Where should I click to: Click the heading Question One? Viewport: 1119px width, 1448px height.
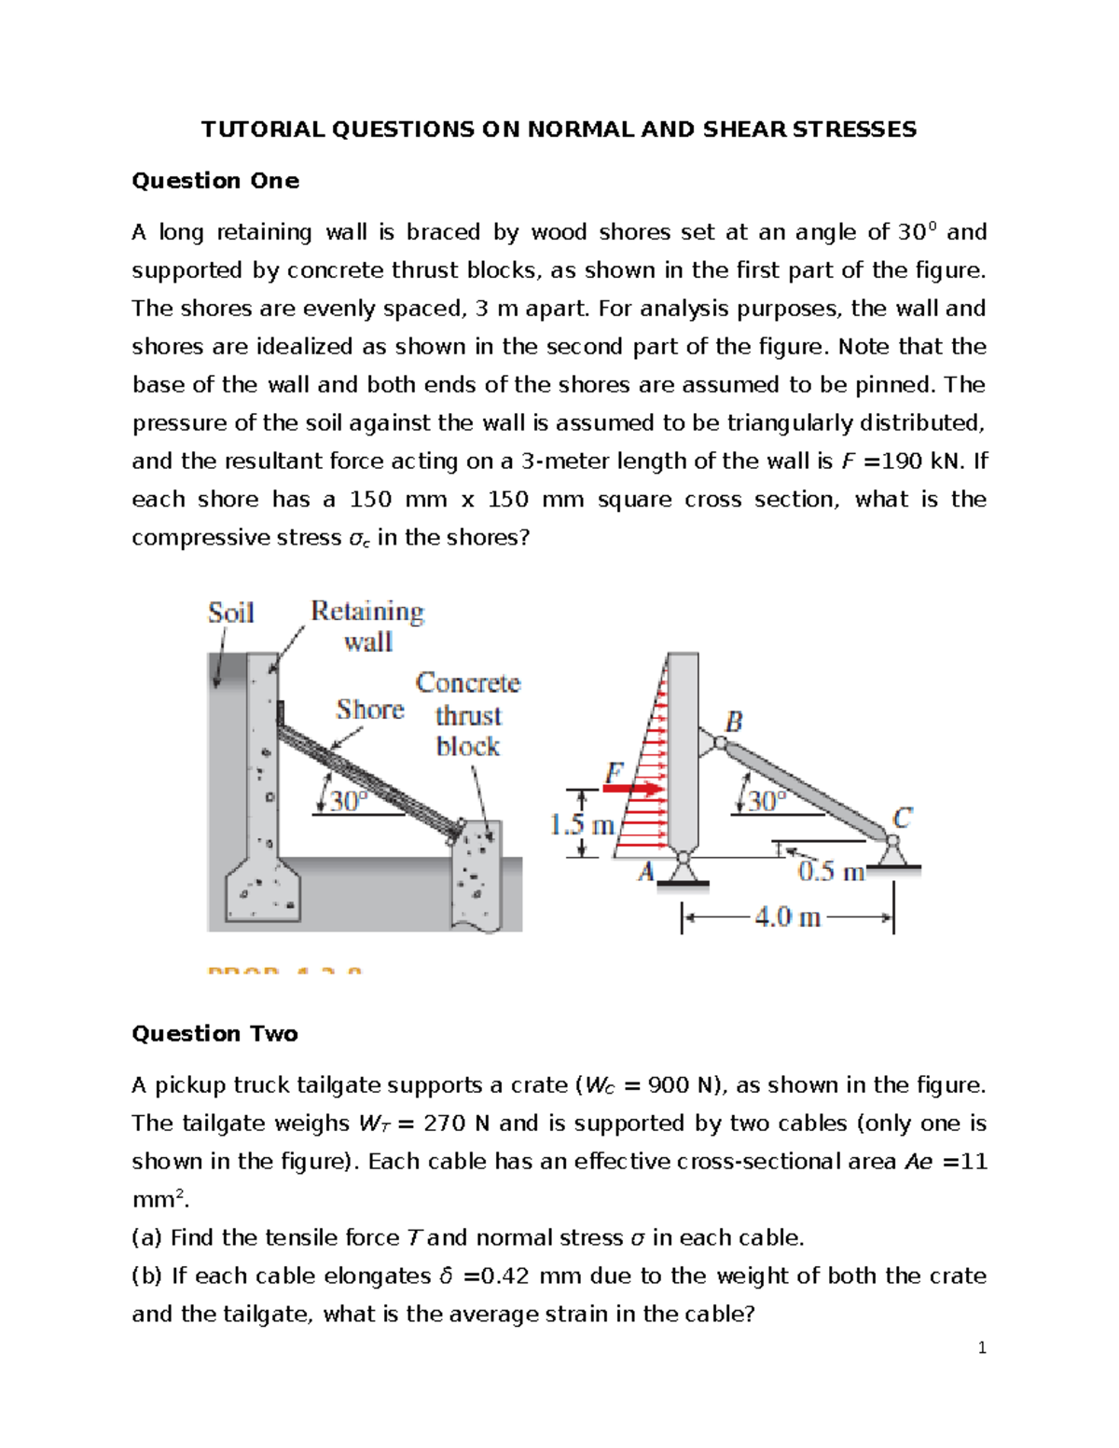click(215, 181)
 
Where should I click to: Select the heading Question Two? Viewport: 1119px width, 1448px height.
click(214, 1034)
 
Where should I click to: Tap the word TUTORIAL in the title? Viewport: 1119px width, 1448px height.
click(262, 130)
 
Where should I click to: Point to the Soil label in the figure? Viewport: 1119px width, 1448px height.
click(230, 614)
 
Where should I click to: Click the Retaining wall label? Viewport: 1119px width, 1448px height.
click(367, 626)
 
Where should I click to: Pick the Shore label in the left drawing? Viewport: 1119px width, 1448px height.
click(370, 710)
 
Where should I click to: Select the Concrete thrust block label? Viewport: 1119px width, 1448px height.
click(468, 714)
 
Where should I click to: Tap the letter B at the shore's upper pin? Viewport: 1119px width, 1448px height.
click(734, 722)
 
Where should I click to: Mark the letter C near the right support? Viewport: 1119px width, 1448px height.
click(902, 819)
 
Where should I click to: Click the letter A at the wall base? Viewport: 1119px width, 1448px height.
click(646, 872)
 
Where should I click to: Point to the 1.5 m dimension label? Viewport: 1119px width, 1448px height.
click(582, 825)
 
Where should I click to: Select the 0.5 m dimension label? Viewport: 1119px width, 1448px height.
click(831, 873)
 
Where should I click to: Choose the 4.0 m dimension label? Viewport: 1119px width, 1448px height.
click(788, 918)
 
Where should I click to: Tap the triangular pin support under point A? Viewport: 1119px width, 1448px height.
click(684, 870)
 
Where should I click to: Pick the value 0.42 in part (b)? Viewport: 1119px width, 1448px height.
click(504, 1276)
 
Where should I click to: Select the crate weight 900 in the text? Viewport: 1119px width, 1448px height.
click(670, 1085)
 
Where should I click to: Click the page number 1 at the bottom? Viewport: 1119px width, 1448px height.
click(982, 1347)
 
